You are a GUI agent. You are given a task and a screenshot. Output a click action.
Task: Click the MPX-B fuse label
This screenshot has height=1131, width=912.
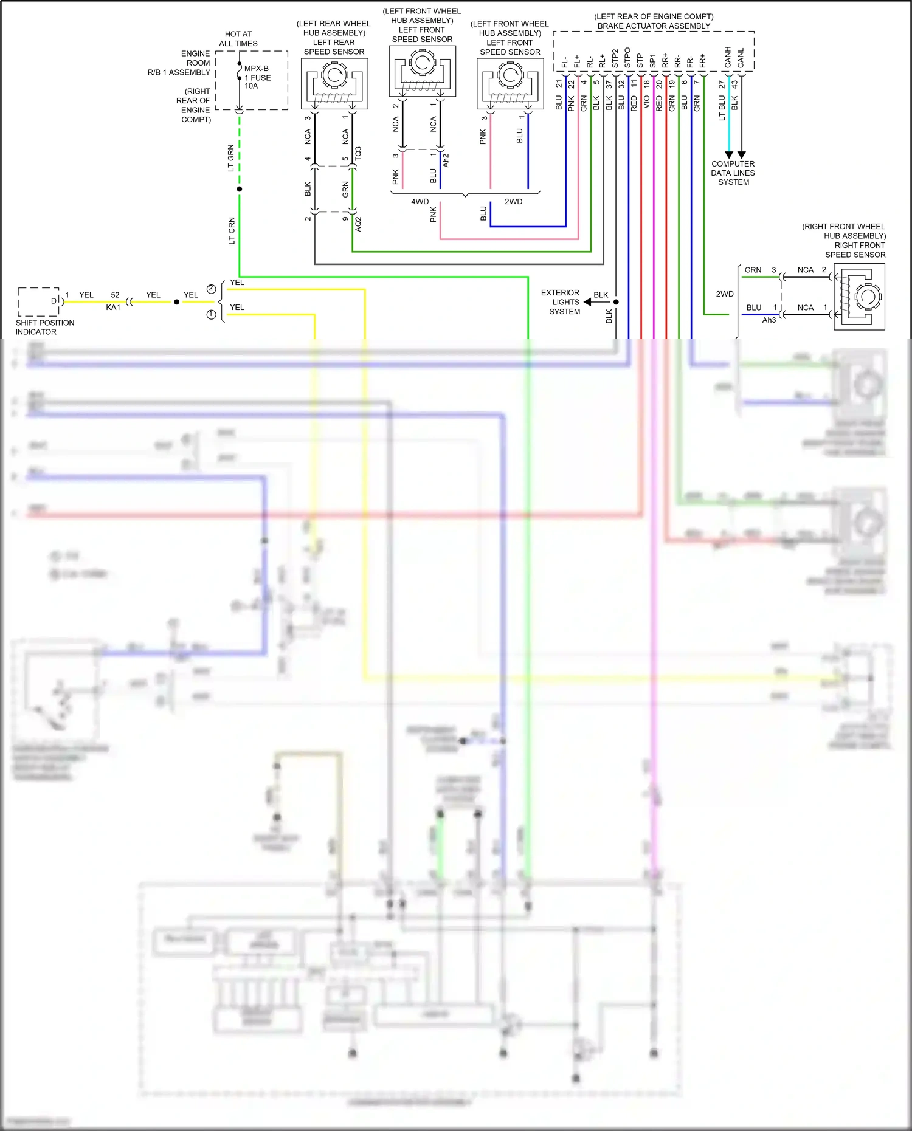click(256, 69)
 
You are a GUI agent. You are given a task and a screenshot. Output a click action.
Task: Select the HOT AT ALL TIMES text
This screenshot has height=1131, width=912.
click(238, 39)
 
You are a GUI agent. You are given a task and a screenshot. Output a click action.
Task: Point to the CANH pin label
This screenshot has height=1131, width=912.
click(728, 58)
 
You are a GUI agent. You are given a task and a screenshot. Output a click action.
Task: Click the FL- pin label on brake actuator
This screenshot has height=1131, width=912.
click(565, 62)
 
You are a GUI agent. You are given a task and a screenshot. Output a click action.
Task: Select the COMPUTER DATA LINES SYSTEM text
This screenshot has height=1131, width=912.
click(733, 173)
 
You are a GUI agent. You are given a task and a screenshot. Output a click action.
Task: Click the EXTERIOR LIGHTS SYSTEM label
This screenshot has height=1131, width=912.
click(561, 302)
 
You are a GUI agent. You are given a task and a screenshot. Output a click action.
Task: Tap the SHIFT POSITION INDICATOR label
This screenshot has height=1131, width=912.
click(44, 327)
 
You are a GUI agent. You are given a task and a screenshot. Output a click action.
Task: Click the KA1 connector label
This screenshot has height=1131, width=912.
click(113, 308)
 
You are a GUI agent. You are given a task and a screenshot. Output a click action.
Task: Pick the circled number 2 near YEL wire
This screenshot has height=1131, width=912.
click(211, 289)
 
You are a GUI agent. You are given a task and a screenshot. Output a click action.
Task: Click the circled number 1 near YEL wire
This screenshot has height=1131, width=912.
click(211, 315)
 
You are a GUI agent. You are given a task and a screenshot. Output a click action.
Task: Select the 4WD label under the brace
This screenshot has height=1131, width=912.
click(420, 202)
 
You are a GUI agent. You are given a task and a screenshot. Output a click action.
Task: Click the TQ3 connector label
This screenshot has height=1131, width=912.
click(358, 153)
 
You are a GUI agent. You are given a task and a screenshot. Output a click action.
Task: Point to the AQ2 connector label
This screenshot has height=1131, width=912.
click(358, 224)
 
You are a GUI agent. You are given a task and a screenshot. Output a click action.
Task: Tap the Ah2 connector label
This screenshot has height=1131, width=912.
click(446, 160)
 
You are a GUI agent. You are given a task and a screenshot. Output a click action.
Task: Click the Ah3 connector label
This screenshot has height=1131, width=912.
click(769, 320)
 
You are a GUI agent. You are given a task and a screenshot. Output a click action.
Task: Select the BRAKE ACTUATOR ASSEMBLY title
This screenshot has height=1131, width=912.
click(654, 26)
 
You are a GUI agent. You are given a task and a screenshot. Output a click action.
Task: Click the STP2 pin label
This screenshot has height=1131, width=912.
click(615, 59)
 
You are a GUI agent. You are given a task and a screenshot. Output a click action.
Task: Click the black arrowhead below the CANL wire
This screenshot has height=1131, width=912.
click(741, 155)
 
